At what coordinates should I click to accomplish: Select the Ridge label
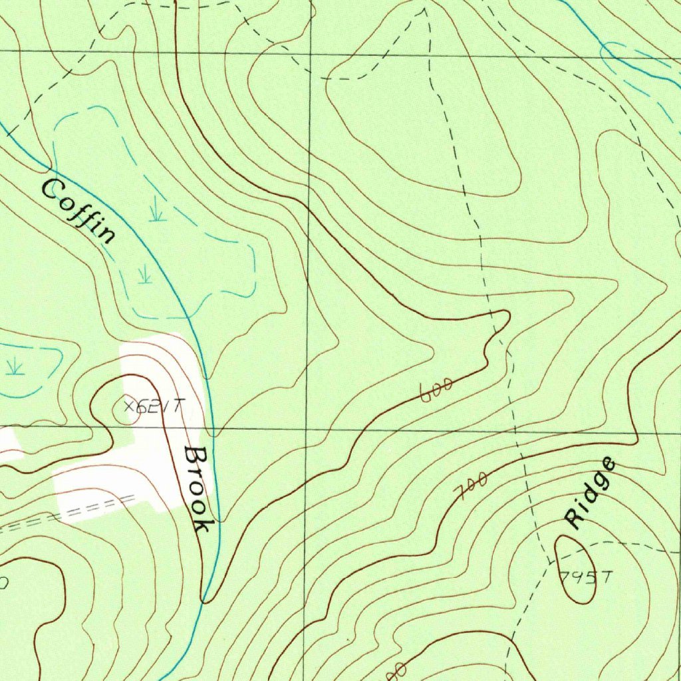[589, 493]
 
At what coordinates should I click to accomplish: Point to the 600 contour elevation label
[437, 390]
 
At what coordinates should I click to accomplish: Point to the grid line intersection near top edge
[311, 53]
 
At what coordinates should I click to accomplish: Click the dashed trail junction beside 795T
[551, 563]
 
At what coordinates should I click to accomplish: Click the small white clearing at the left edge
[8, 444]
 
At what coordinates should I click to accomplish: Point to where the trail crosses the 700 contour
[524, 459]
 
